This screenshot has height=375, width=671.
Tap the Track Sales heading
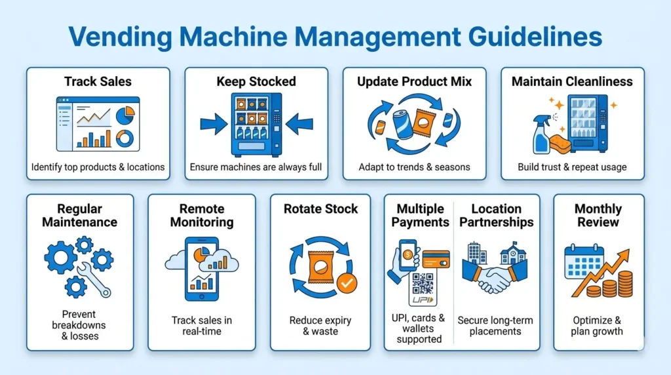click(98, 82)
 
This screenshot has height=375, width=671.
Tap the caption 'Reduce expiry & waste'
click(320, 326)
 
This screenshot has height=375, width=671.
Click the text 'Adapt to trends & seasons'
click(414, 167)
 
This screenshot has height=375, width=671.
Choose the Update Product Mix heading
click(414, 82)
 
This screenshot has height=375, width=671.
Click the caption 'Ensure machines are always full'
click(256, 167)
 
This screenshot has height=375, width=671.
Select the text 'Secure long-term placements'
click(495, 326)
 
